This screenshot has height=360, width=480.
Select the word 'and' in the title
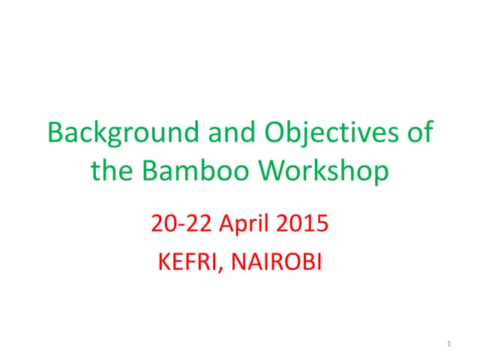(x=226, y=133)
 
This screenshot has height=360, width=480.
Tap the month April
(x=244, y=223)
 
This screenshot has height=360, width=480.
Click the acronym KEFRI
(x=188, y=262)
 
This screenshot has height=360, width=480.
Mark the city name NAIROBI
(x=275, y=262)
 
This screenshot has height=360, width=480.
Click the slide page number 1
(x=448, y=343)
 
